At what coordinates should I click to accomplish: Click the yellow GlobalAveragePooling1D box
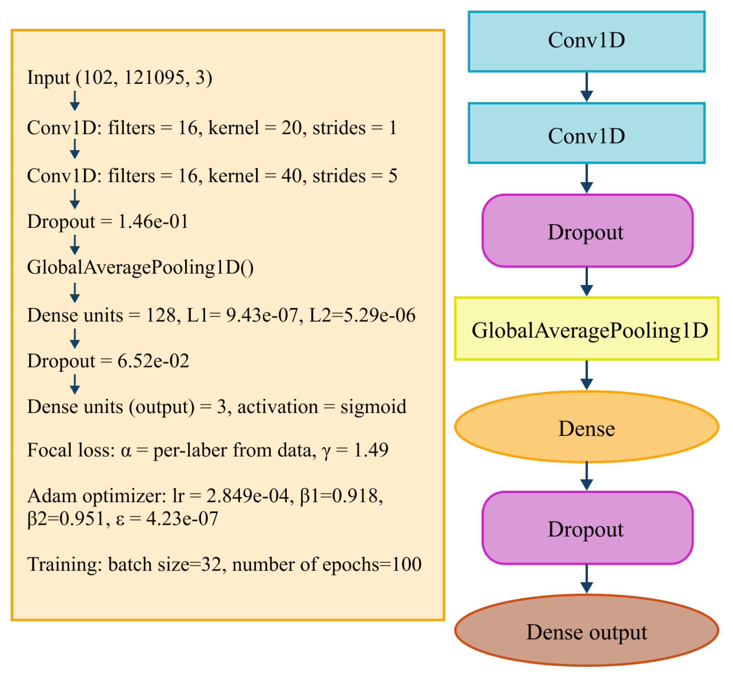(586, 329)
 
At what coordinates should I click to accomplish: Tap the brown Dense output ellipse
(586, 631)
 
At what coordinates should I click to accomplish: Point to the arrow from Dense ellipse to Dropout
(586, 476)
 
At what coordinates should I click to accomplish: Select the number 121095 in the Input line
(154, 78)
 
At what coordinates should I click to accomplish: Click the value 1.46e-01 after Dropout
(153, 221)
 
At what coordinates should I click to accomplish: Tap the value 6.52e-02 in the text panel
(153, 361)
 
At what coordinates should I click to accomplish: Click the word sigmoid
(373, 407)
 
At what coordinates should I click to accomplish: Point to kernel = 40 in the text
(254, 176)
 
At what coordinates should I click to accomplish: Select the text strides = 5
(354, 176)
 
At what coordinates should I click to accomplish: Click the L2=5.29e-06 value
(362, 315)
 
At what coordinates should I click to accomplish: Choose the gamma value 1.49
(371, 450)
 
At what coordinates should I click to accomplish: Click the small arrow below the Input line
(75, 101)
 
